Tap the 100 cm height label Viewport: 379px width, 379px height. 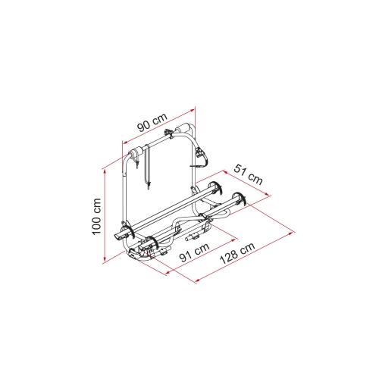tap(97, 217)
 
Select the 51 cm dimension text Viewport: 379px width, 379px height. tap(248, 174)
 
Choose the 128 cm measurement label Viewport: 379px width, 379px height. tap(237, 252)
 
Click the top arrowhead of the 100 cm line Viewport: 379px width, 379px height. tap(105, 172)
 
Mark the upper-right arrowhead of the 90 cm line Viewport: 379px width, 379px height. tap(193, 110)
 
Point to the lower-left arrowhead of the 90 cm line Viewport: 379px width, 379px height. tap(125, 143)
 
